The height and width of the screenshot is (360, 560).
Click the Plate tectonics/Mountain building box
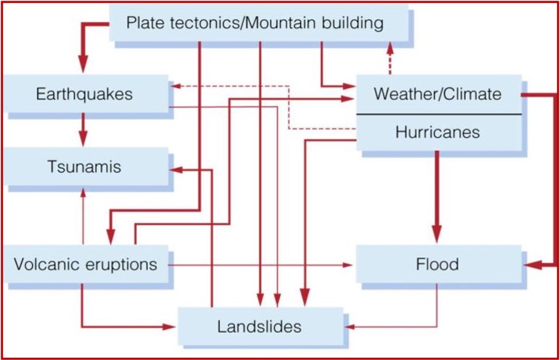point(255,22)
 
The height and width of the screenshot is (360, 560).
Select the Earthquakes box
point(84,94)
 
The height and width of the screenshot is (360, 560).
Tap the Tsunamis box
point(84,168)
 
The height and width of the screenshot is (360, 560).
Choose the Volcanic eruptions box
point(85,264)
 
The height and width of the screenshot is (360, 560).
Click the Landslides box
point(259,327)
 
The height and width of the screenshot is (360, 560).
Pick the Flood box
point(437,265)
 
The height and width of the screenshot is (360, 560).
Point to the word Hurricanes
point(437,132)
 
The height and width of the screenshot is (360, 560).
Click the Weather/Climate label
point(437,94)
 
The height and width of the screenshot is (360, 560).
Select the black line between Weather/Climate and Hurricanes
point(437,114)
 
